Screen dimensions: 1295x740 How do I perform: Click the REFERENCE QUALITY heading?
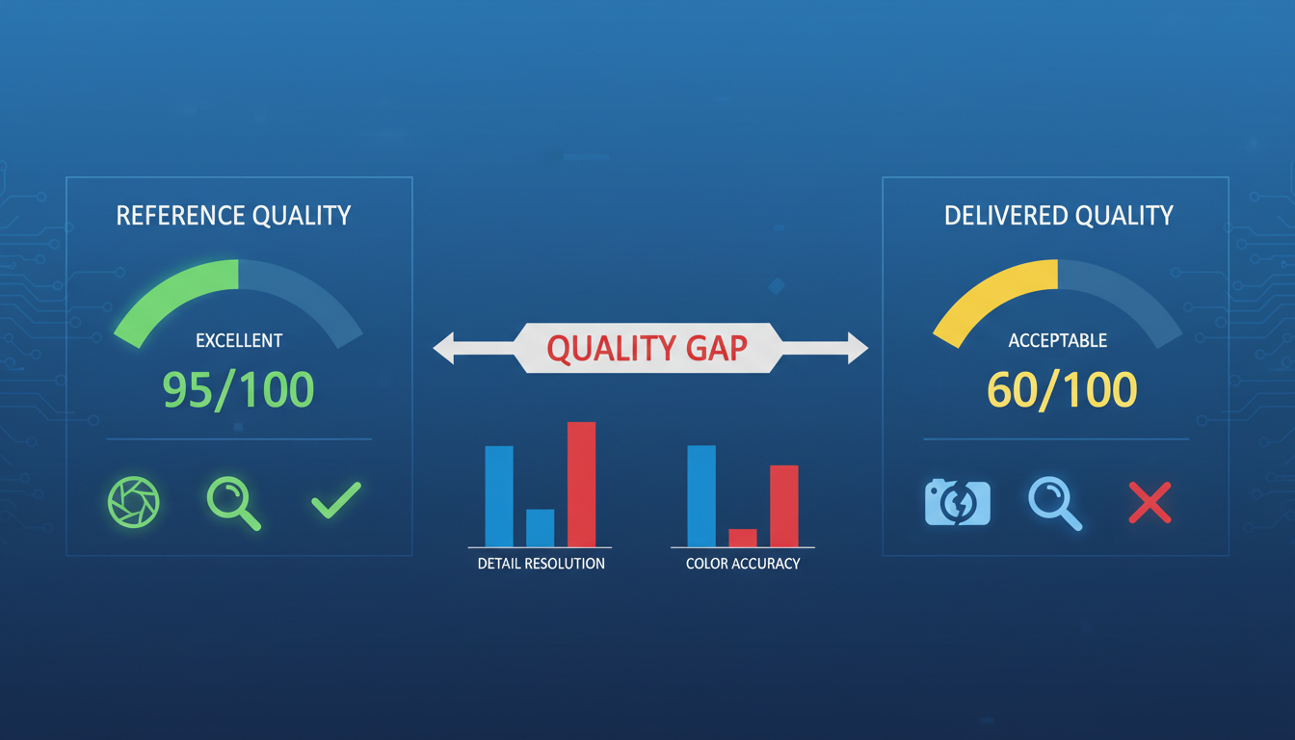pyautogui.click(x=233, y=216)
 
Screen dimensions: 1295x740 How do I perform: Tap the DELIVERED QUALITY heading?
pyautogui.click(x=1059, y=216)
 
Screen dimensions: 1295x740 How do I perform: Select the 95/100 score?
pyautogui.click(x=238, y=390)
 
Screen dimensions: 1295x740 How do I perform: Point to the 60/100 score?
pyautogui.click(x=1062, y=390)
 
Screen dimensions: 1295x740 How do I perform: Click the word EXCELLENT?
pyautogui.click(x=239, y=340)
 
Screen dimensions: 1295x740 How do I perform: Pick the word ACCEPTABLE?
pyautogui.click(x=1058, y=340)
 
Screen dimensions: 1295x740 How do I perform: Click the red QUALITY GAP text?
pyautogui.click(x=647, y=348)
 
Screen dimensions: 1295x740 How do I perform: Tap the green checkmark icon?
pyautogui.click(x=336, y=500)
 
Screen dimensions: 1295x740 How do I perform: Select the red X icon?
pyautogui.click(x=1150, y=503)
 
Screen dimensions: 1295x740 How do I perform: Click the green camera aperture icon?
pyautogui.click(x=134, y=502)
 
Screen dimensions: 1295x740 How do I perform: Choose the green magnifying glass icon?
pyautogui.click(x=233, y=503)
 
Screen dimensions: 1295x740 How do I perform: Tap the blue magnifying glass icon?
pyautogui.click(x=1055, y=503)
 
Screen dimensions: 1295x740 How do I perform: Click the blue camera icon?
pyautogui.click(x=958, y=502)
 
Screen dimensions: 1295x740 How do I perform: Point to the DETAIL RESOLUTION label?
pyautogui.click(x=542, y=564)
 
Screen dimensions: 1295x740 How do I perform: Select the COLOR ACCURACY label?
pyautogui.click(x=743, y=564)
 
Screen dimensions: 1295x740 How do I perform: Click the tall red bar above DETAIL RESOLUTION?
pyautogui.click(x=582, y=485)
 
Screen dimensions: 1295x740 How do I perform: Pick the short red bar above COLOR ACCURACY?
pyautogui.click(x=743, y=539)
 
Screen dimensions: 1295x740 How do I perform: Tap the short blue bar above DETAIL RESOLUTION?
pyautogui.click(x=540, y=528)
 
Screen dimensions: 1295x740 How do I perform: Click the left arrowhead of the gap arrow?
pyautogui.click(x=444, y=348)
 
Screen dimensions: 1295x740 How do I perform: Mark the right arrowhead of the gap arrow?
pyautogui.click(x=858, y=348)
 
